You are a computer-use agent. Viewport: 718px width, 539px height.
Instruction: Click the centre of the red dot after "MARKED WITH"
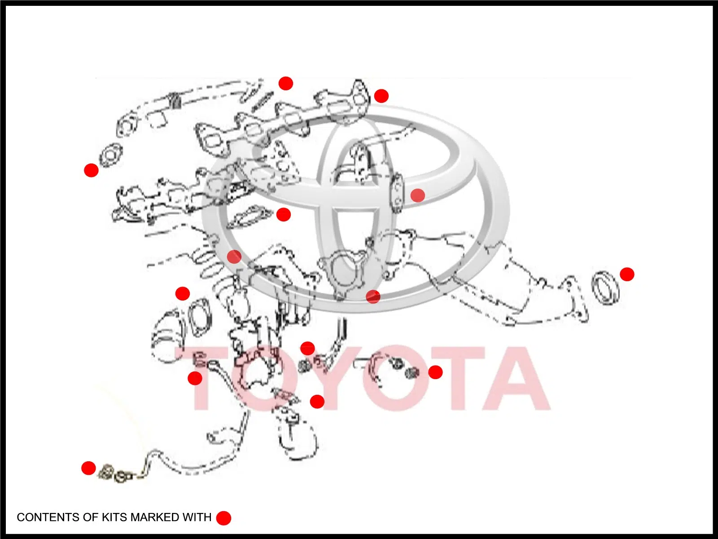click(x=224, y=518)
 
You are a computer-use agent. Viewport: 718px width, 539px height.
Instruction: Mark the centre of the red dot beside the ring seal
click(x=627, y=274)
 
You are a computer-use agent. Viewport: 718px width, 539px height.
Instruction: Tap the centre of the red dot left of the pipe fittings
click(x=88, y=468)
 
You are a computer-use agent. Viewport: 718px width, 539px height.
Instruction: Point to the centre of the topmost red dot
click(x=285, y=84)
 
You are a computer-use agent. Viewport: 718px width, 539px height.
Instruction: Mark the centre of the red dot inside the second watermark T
click(x=435, y=372)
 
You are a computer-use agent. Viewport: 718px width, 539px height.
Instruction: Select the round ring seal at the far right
click(x=606, y=288)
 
